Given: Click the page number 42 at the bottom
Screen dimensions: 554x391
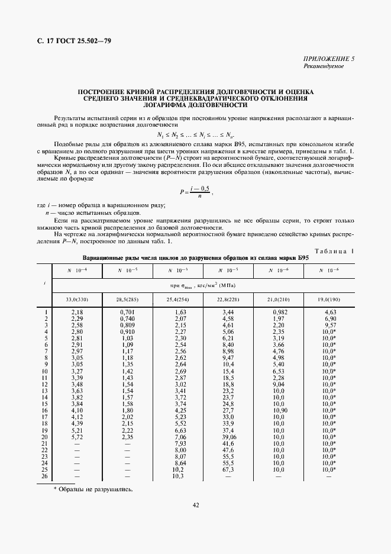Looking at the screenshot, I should [195, 504].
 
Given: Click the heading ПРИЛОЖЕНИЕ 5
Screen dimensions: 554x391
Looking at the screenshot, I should [329, 59].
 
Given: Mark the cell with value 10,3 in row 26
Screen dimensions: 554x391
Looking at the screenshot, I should [178, 476].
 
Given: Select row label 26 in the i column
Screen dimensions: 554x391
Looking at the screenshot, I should [45, 476].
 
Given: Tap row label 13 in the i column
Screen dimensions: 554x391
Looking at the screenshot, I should [45, 390].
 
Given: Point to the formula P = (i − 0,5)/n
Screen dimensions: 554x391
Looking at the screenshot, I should [195, 191].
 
